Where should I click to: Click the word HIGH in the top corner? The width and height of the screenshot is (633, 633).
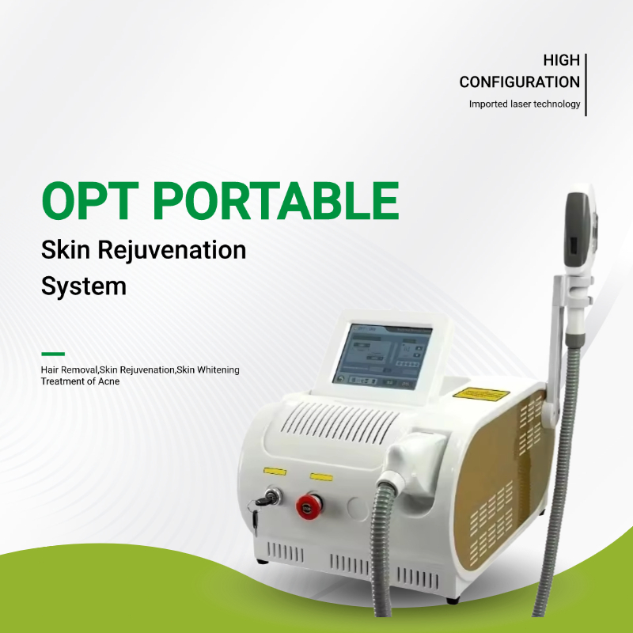tap(561, 60)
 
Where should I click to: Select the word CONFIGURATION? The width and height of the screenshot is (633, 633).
tap(519, 81)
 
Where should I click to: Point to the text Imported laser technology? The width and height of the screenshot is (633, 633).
tap(524, 104)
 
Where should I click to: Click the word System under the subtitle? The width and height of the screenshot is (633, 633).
tap(83, 286)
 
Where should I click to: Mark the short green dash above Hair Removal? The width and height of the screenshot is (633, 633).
tap(52, 354)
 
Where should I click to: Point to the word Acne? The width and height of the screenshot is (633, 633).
tap(107, 381)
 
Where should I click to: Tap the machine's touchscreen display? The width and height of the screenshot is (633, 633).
tap(382, 355)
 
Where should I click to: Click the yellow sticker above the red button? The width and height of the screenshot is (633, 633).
tap(322, 476)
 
